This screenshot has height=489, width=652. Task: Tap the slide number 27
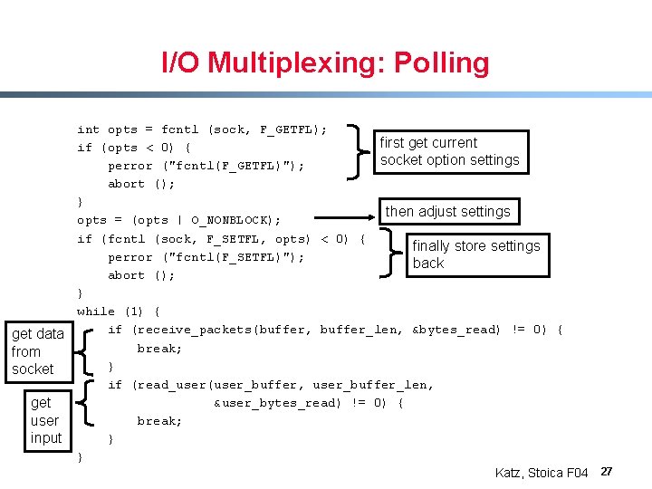pyautogui.click(x=608, y=472)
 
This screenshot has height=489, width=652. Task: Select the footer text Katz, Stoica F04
pyautogui.click(x=542, y=473)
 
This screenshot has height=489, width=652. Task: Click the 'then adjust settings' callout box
pyautogui.click(x=448, y=212)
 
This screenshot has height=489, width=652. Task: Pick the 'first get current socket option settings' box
pyautogui.click(x=450, y=151)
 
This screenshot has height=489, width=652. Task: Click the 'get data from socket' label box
pyautogui.click(x=37, y=351)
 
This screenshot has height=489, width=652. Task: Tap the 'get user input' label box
pyautogui.click(x=45, y=420)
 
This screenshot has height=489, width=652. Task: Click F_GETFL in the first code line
pyautogui.click(x=285, y=129)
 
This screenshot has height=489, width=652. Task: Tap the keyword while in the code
pyautogui.click(x=96, y=312)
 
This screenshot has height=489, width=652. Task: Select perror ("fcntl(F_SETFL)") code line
pyautogui.click(x=206, y=257)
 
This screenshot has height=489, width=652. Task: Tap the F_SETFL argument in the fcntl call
pyautogui.click(x=239, y=239)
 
